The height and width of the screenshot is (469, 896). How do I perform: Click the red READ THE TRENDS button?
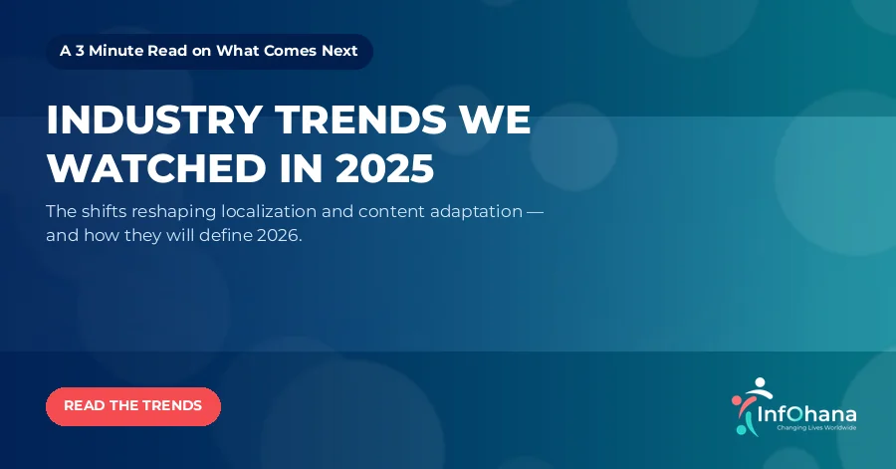[x=133, y=406]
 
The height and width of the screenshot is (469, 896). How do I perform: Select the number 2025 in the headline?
[x=384, y=168]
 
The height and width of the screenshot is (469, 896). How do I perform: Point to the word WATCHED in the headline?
[x=156, y=168]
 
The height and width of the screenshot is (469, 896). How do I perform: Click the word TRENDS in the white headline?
[x=361, y=119]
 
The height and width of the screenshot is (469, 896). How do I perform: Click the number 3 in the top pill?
[x=80, y=51]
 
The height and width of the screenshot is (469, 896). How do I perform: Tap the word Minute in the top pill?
[x=116, y=51]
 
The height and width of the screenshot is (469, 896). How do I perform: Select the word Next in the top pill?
[x=339, y=51]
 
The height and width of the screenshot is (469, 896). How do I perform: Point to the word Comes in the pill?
[x=290, y=51]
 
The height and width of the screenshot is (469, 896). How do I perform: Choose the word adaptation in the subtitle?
[x=476, y=212]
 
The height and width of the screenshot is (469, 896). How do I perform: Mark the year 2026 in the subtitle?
[x=280, y=235]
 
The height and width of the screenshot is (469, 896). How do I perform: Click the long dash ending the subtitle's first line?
[x=535, y=212]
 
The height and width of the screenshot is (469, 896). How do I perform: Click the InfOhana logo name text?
[x=806, y=413]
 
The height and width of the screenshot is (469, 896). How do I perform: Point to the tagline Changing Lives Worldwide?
[x=816, y=428]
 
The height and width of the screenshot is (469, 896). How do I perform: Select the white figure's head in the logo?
[x=760, y=382]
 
